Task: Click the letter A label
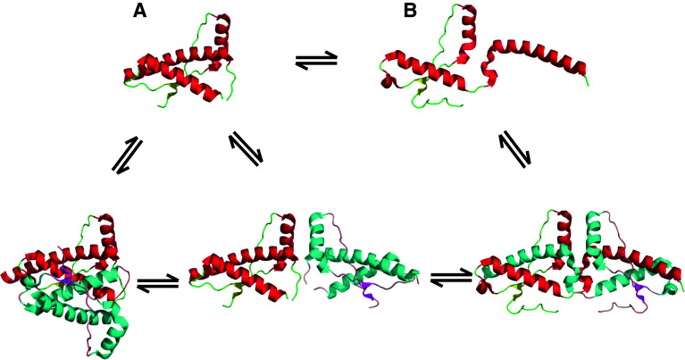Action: (x=139, y=12)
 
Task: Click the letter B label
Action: (x=410, y=12)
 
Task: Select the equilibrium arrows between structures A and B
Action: (x=316, y=61)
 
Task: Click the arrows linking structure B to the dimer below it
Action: (x=516, y=148)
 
